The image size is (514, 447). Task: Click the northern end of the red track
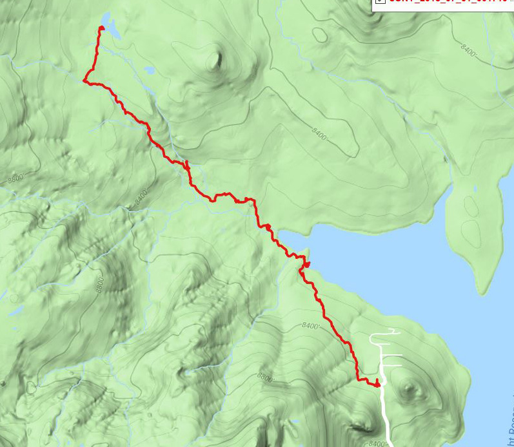[x=101, y=28]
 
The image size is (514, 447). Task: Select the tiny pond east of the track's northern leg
[x=149, y=69]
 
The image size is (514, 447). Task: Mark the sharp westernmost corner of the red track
[x=85, y=81]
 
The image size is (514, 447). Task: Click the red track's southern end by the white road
[x=377, y=385]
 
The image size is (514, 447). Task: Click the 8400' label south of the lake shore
[x=310, y=326]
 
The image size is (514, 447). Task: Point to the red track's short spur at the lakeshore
[x=306, y=264]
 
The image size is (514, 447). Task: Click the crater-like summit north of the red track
[x=213, y=61]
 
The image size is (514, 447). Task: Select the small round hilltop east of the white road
[x=408, y=388]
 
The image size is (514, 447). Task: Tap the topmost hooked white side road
[x=384, y=333]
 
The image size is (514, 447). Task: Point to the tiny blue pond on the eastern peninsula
[x=475, y=189]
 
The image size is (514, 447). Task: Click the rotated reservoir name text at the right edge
[x=508, y=425]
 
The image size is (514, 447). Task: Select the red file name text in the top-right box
[x=445, y=2]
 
